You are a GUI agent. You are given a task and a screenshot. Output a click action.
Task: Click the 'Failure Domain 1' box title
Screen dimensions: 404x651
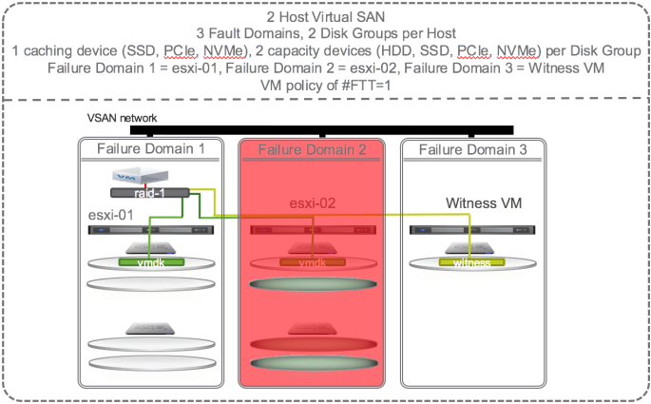tap(151, 149)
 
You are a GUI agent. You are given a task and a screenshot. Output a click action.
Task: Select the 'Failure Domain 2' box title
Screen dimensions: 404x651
tap(312, 149)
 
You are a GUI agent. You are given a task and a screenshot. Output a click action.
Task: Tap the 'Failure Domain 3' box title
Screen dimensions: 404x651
tap(472, 149)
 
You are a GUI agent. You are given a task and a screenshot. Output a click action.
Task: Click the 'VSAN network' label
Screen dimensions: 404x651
tap(122, 118)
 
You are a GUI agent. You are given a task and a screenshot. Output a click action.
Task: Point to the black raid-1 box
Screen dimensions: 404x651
tap(150, 193)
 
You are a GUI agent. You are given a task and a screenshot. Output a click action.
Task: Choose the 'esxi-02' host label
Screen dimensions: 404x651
tap(313, 202)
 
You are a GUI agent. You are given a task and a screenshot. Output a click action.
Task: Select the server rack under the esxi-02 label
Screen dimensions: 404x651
tap(312, 230)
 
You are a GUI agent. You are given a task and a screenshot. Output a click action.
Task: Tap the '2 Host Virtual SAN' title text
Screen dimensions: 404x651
tap(325, 17)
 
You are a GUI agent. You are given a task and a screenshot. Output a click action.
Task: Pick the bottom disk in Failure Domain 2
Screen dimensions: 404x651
tap(312, 362)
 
